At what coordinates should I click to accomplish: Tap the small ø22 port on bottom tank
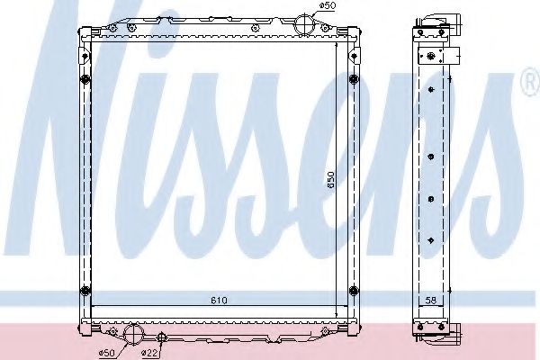(161, 338)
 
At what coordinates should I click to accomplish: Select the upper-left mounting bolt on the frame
(85, 82)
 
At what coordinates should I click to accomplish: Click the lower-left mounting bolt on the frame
(85, 289)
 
